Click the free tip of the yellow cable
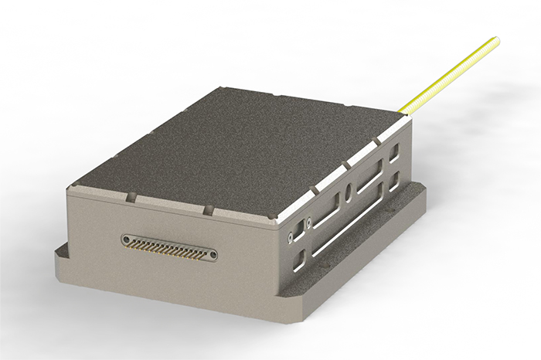pyautogui.click(x=495, y=40)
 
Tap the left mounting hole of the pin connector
pyautogui.click(x=126, y=240)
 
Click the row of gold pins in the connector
pyautogui.click(x=169, y=247)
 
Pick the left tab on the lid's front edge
pyautogui.click(x=131, y=198)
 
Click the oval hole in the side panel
pyautogui.click(x=350, y=190)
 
